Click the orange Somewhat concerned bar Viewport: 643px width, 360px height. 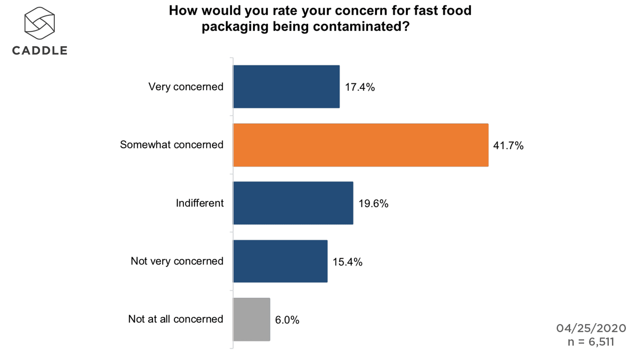[361, 145]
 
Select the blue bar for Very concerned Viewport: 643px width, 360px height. [286, 87]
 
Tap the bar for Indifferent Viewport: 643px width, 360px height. [293, 203]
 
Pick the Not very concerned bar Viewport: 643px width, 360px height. [280, 261]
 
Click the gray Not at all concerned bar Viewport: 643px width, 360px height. [251, 319]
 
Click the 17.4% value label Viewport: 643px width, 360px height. [360, 87]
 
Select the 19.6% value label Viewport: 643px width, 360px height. [373, 204]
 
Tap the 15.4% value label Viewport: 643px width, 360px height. [348, 262]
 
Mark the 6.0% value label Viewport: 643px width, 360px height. [287, 320]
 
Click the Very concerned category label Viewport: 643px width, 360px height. [186, 87]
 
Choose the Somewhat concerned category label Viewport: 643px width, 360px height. [171, 145]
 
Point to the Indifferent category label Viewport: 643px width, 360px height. [199, 203]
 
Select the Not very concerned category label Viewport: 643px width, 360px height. [177, 261]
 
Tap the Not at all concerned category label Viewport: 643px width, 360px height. [175, 319]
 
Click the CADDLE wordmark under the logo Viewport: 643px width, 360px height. [40, 50]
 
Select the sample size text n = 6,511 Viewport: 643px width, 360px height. [591, 342]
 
